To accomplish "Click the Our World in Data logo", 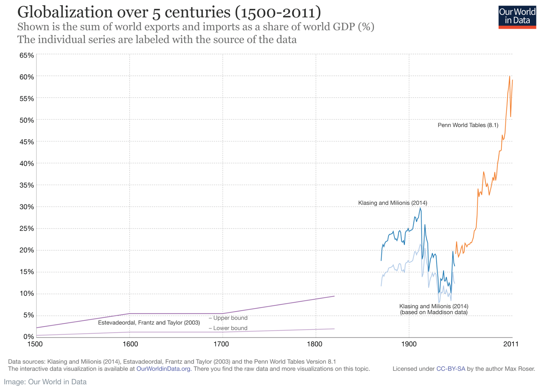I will click(x=517, y=17).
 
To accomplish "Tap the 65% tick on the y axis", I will click(x=27, y=55).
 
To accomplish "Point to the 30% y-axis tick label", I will click(x=27, y=207).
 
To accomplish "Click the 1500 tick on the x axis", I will click(x=35, y=344).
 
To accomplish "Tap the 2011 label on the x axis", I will click(x=511, y=344).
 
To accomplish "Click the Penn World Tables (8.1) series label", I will click(x=468, y=125).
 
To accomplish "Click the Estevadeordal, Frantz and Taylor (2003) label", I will click(x=149, y=323).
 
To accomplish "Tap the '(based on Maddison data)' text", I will click(x=434, y=312).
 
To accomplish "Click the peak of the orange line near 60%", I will click(x=510, y=76).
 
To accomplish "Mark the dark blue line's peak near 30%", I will click(x=420, y=208).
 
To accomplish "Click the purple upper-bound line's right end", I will click(x=334, y=296).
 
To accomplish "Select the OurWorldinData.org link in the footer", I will click(x=163, y=369).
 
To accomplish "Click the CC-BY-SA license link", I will click(x=451, y=369).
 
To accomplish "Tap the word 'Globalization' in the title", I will click(x=65, y=12).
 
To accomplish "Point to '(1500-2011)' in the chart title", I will click(x=277, y=12).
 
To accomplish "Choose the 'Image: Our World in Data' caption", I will click(x=45, y=382).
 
